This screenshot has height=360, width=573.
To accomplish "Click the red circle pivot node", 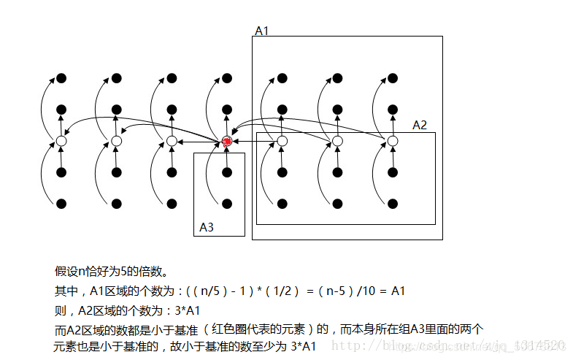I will pos(227,141).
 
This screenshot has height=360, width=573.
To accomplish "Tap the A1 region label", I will pos(261,31).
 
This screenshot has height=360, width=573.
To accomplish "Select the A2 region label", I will pos(420,126).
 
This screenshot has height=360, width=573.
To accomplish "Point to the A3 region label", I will pos(207,228).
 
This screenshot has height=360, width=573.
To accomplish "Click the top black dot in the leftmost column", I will pos(62,78).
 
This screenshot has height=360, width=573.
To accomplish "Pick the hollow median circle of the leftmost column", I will pos(62,141).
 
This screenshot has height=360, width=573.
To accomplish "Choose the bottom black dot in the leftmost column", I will pos(62,203).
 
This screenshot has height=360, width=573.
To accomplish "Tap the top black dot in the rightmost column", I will pos(393,78).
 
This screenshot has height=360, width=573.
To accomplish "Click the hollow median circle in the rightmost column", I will pos(393,141).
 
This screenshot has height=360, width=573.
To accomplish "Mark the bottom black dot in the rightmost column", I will pos(393,203).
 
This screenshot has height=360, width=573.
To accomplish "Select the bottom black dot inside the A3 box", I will pos(227,203).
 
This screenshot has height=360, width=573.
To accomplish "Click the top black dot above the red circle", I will pos(227,78).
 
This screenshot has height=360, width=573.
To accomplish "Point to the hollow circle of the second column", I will pos(117,141).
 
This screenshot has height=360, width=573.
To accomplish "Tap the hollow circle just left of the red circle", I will pos(172,141).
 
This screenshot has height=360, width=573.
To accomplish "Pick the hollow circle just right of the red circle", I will pos(282,141).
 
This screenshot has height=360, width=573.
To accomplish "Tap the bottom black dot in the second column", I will pos(117,203).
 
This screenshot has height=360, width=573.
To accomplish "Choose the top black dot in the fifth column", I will pos(282,78).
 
